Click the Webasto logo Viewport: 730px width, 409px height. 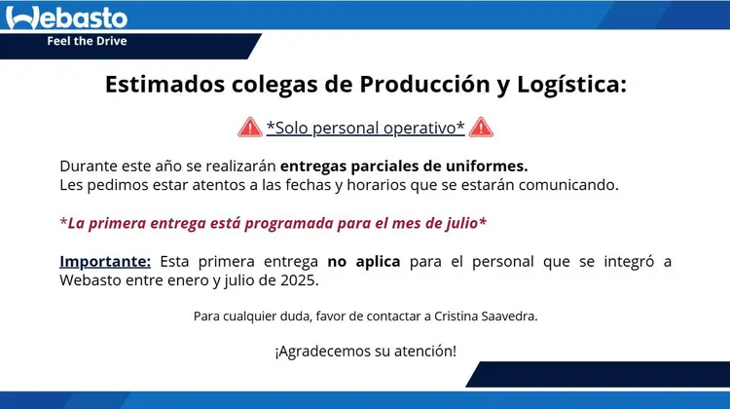point(66,18)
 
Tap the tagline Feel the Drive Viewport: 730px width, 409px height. point(87,41)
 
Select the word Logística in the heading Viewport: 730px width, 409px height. point(571,86)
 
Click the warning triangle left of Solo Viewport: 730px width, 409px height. point(250,128)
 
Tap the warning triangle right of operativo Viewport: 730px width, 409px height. point(481,128)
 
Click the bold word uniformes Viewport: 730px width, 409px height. point(487,166)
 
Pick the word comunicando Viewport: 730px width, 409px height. point(568,185)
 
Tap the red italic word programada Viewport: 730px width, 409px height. point(289,224)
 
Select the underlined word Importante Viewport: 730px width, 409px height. point(105,261)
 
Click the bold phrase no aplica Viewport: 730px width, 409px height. point(364,261)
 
